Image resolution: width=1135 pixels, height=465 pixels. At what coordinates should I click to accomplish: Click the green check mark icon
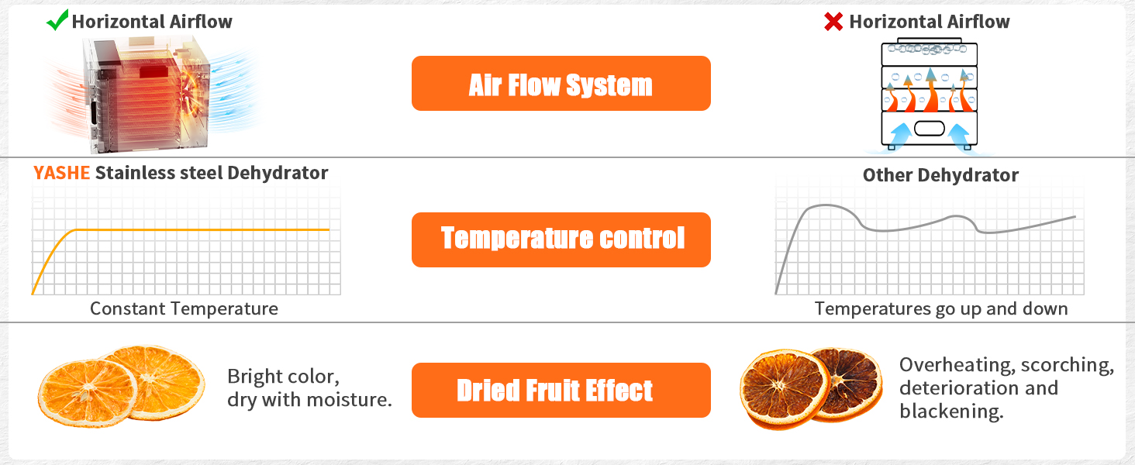tap(57, 20)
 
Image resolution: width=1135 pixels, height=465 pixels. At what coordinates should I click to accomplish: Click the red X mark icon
tap(833, 21)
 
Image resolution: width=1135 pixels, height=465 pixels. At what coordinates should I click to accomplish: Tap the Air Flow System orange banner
tap(561, 83)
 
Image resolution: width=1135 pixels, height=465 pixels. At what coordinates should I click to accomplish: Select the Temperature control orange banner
tap(561, 239)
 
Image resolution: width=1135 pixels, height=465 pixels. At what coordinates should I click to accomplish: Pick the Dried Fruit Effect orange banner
tap(561, 390)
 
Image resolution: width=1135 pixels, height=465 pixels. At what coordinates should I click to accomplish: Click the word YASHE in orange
tap(61, 173)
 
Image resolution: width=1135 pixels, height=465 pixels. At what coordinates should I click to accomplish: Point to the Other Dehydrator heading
tap(940, 174)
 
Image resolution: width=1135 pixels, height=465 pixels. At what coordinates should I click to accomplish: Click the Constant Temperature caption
tap(184, 308)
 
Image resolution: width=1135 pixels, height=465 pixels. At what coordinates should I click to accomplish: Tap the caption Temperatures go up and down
tap(941, 308)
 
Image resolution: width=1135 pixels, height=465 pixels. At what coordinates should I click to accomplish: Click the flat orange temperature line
tap(202, 230)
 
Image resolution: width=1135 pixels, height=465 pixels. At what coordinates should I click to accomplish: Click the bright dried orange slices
tap(122, 386)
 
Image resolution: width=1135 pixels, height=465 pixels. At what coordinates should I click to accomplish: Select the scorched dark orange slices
tap(811, 388)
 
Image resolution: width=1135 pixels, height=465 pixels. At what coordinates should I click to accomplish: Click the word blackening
tap(951, 412)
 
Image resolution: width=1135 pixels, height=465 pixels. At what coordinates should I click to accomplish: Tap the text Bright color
tap(283, 377)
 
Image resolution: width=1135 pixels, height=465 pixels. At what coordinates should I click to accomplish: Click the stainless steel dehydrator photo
tap(150, 95)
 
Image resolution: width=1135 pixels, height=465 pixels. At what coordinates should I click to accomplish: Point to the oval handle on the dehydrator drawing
tap(930, 129)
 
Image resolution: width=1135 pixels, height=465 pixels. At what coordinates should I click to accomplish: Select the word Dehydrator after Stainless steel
tap(278, 174)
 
